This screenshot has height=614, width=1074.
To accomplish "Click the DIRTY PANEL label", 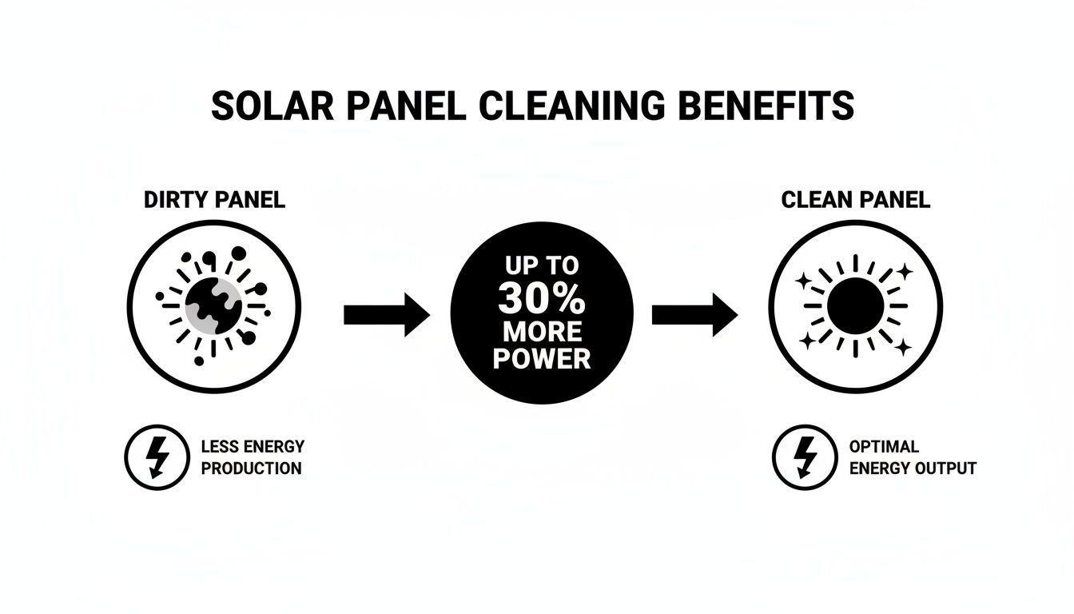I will (214, 200).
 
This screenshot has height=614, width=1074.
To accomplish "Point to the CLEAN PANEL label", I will (856, 200).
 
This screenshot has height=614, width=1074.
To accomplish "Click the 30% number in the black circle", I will (542, 299).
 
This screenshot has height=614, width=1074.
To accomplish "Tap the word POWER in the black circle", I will (542, 358).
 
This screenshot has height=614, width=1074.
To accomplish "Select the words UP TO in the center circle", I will (542, 267).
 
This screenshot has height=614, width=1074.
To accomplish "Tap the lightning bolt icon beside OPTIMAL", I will (805, 457).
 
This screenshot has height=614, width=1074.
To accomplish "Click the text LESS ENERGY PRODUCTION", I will (252, 457).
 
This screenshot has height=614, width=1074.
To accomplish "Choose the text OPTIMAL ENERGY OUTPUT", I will (913, 457).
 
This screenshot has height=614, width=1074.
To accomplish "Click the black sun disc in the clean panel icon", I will (856, 306).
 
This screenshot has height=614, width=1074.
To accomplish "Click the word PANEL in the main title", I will (400, 106).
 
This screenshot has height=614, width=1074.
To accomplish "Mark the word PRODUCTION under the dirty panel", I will (252, 468).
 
